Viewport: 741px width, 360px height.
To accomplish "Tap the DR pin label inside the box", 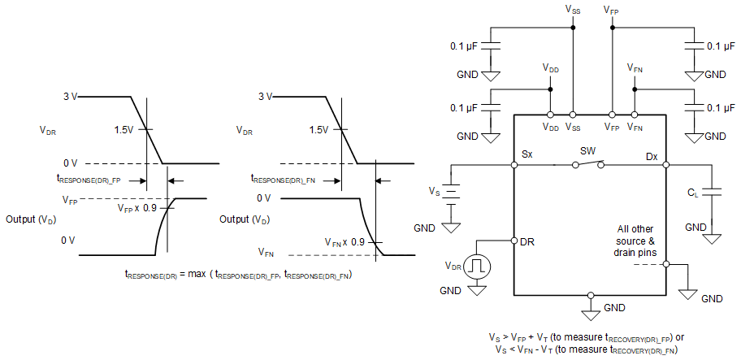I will [526, 241].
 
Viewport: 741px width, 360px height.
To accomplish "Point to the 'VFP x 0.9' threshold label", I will [139, 209].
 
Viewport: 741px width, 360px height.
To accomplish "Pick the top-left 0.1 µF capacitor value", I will [466, 46].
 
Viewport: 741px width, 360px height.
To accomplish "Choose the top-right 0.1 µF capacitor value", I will [721, 46].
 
